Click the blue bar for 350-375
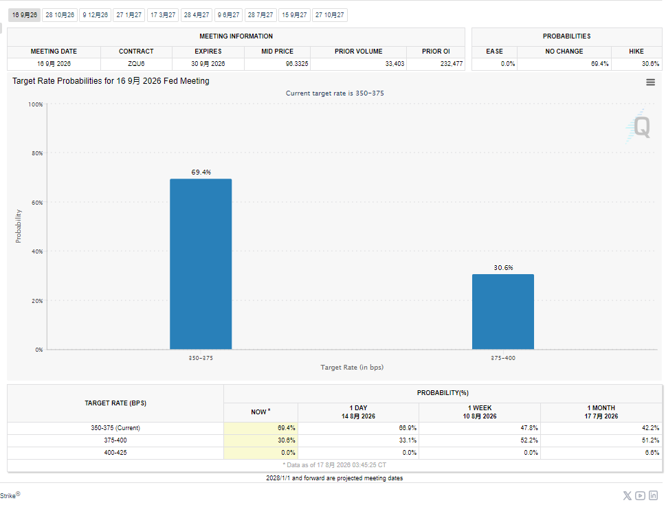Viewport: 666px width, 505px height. [201, 264]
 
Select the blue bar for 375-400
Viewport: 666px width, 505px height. [503, 312]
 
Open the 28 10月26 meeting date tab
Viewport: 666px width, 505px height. [60, 15]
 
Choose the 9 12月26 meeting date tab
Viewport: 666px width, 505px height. [95, 15]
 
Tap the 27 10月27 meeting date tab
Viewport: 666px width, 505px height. [330, 15]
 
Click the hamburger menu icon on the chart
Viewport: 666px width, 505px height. [650, 82]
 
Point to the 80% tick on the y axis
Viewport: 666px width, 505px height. [37, 153]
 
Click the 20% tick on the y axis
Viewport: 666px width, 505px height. [37, 301]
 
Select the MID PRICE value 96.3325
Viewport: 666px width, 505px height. [297, 64]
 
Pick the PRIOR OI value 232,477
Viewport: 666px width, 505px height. [452, 64]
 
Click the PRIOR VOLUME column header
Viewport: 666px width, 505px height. [359, 52]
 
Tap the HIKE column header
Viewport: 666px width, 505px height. [636, 52]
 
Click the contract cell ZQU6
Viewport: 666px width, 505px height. [136, 64]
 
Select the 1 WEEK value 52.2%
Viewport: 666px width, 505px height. [529, 440]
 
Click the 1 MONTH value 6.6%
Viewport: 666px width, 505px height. [652, 453]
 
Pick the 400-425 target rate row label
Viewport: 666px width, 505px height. [115, 453]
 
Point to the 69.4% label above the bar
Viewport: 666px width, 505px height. [201, 172]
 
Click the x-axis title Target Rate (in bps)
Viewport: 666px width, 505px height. [352, 368]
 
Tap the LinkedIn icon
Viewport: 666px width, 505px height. [653, 495]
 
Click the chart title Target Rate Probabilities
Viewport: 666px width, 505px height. [111, 80]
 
